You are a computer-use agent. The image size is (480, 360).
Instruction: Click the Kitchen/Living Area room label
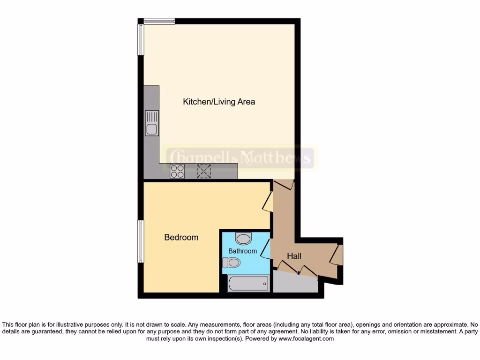219,102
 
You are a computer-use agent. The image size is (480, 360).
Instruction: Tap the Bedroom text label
181,237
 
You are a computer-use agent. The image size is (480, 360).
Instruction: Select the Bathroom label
242,251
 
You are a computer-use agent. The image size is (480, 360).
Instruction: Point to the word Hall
294,256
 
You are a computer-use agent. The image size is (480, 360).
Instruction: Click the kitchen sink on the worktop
152,123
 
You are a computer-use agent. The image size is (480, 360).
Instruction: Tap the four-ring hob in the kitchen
177,172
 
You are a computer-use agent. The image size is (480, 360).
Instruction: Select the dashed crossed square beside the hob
203,172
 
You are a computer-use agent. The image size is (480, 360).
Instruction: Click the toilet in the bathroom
232,262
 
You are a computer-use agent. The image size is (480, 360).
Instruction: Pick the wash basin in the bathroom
243,239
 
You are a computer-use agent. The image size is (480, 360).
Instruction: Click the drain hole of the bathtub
265,284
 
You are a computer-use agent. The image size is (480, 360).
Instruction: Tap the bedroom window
140,241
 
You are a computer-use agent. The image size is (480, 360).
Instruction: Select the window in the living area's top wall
159,21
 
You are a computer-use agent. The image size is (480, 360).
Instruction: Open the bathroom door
266,249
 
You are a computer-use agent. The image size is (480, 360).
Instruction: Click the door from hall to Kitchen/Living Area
284,185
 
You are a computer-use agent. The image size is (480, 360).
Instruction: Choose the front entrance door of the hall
337,255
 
